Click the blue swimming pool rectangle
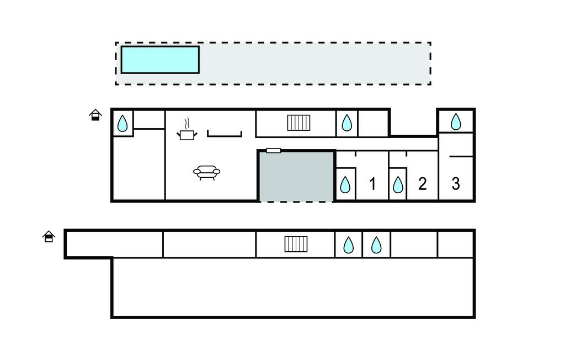159,60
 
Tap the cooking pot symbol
186,134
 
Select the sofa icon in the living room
206,173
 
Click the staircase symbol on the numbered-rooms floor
299,123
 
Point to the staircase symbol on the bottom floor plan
296,243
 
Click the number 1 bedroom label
372,184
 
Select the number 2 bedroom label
422,184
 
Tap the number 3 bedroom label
456,183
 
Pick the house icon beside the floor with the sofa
95,115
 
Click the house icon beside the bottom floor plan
49,236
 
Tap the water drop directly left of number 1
345,184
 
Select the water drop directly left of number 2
398,184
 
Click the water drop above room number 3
456,121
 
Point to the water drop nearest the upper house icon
122,123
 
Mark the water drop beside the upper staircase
347,123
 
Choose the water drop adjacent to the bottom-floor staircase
349,244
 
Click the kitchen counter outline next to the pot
225,133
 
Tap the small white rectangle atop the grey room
273,150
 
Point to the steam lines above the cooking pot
188,123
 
